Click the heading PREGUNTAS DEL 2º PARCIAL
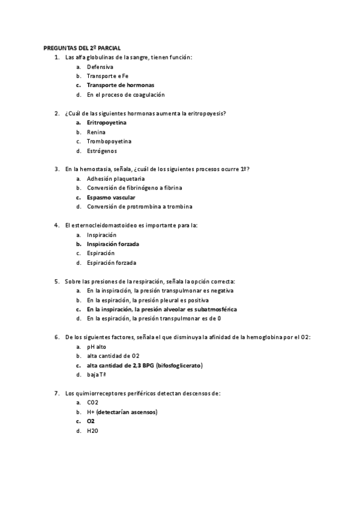[x=86, y=48]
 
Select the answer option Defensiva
[x=100, y=67]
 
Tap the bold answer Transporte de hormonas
[x=120, y=85]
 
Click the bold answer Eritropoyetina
[x=106, y=122]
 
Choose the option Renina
[x=96, y=132]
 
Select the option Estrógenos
[x=101, y=151]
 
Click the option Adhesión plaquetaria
[x=115, y=179]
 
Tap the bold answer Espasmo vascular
[x=111, y=197]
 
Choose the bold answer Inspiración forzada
[x=113, y=244]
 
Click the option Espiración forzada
[x=111, y=263]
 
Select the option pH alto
[x=97, y=347]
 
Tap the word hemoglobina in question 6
[x=265, y=337]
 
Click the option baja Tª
[x=97, y=375]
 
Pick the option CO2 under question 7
[x=92, y=403]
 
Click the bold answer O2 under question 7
[x=91, y=421]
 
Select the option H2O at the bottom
[x=92, y=431]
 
